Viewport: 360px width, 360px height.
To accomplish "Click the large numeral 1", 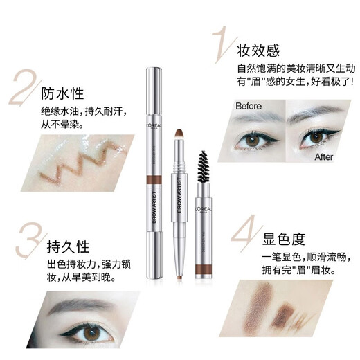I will pyautogui.click(x=219, y=44).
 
